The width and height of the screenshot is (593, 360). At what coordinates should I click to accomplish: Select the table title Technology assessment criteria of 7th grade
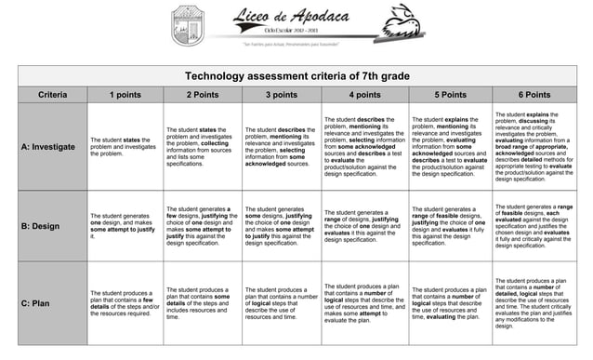tap(296, 75)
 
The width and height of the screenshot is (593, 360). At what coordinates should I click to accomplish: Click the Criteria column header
tap(51, 94)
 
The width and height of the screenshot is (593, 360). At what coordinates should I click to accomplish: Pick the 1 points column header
tap(125, 94)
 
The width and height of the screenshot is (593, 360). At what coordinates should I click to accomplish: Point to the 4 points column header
tap(363, 94)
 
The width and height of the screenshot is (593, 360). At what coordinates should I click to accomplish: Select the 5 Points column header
tap(451, 94)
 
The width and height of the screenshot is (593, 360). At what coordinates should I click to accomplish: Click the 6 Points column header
tap(534, 94)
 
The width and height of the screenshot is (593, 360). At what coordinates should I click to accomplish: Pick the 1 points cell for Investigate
tap(125, 147)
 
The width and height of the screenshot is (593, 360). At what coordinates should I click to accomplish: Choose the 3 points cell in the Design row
tap(281, 226)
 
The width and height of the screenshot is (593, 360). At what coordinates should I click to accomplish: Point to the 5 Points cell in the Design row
tap(451, 226)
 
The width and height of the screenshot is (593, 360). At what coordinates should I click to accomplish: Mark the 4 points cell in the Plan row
tap(363, 303)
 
